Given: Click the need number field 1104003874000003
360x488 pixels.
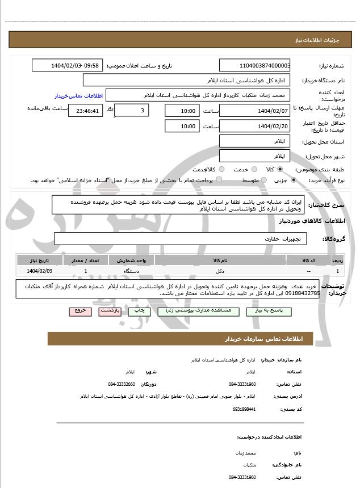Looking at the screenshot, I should coord(255,66).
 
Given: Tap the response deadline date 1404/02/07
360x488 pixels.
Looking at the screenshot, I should coord(255,111).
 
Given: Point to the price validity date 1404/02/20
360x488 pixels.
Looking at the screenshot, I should coord(255,126).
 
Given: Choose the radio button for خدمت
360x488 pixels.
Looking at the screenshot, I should coord(253,170).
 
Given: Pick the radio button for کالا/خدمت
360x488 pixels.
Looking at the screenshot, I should coord(221,170).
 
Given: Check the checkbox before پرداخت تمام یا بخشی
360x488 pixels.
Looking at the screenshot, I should coord(219,180).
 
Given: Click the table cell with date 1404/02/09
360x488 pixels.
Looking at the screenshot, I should coord(39,272).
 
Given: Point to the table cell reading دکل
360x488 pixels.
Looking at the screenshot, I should coord(219,272).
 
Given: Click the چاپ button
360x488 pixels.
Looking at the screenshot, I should coord(137,312).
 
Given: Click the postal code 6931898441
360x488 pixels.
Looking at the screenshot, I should coord(244,409).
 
